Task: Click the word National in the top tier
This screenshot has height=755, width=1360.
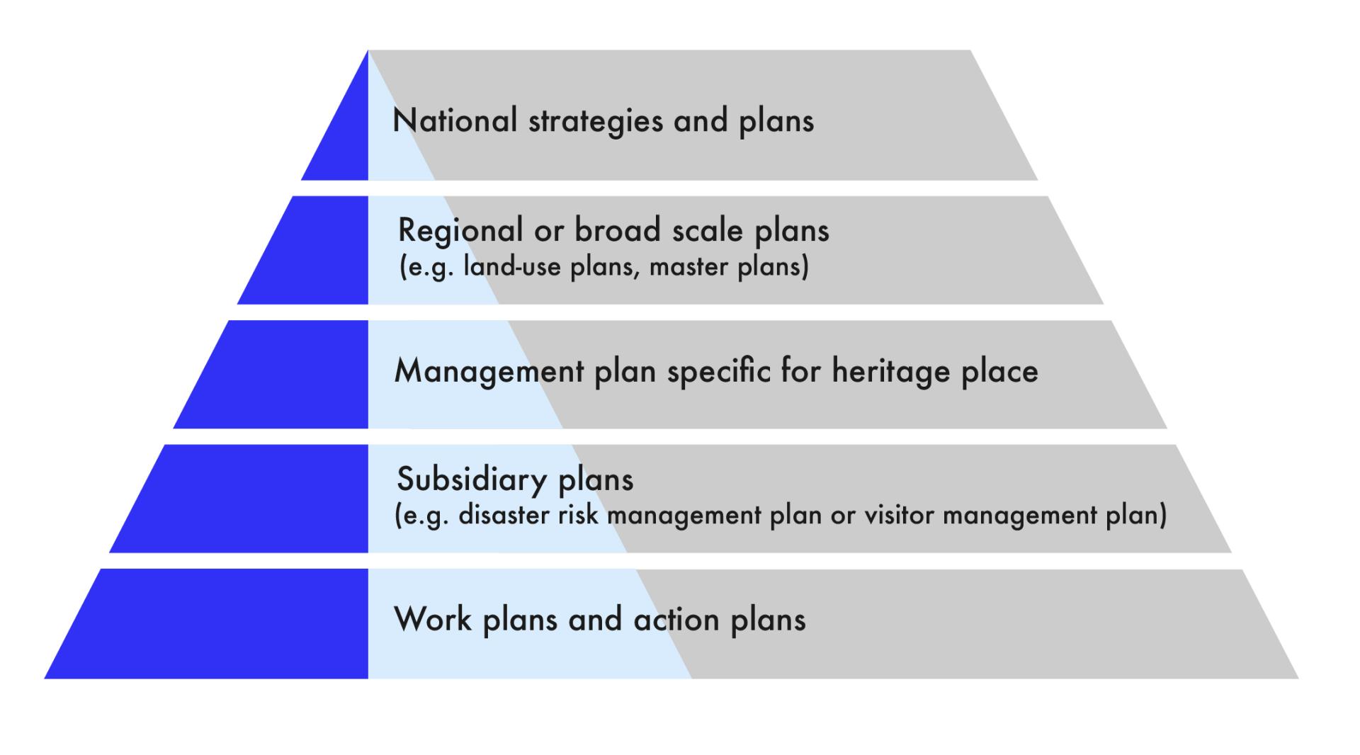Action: [x=455, y=120]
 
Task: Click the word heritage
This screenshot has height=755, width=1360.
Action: [x=891, y=371]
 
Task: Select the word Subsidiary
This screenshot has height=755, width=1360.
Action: [x=472, y=479]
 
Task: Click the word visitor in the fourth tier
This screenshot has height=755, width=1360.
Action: [x=898, y=515]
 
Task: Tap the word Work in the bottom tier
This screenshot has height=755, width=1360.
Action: [x=433, y=619]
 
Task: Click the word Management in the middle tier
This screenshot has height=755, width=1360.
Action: [x=489, y=371]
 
